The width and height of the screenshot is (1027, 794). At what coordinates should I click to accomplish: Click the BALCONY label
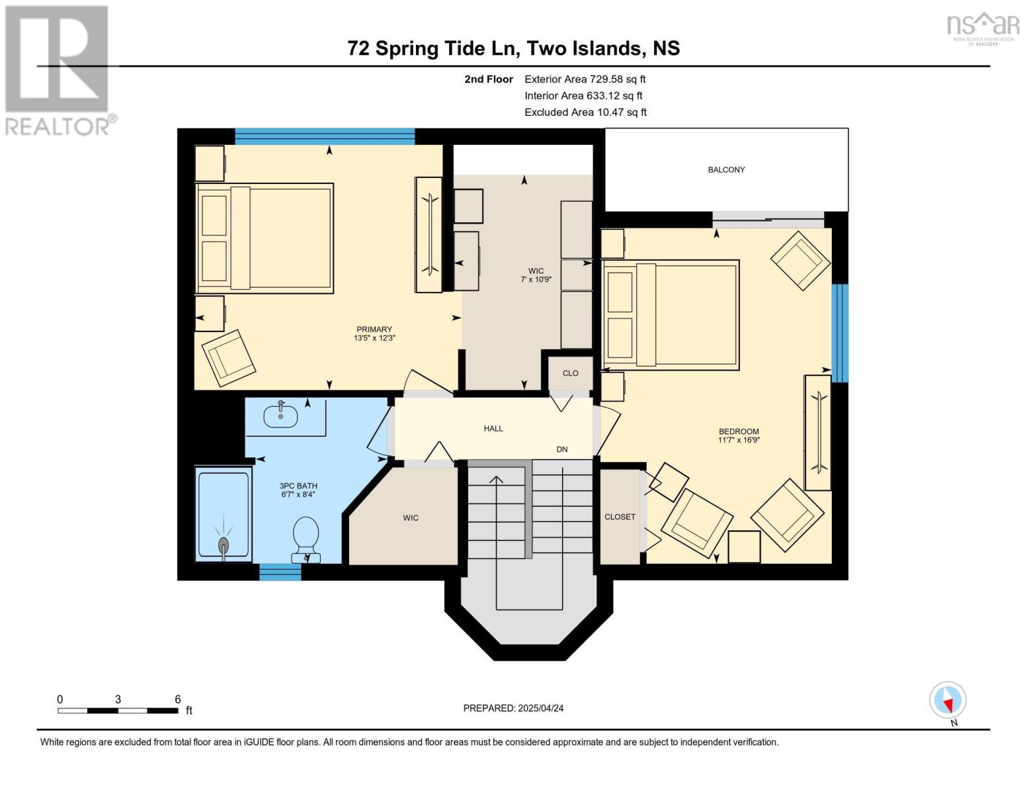726,170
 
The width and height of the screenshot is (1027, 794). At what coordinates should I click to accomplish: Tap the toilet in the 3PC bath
306,539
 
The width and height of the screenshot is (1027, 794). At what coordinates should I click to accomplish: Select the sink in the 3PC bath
281,415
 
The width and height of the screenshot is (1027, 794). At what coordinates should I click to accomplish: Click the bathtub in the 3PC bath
223,515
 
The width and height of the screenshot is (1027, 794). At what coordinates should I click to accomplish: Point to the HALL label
493,429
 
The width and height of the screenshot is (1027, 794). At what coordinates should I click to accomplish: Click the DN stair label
561,449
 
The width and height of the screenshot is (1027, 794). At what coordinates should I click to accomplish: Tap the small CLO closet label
571,373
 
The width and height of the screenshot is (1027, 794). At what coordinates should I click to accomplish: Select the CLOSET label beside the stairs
620,517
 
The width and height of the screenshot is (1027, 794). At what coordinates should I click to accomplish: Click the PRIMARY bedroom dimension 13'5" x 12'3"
374,338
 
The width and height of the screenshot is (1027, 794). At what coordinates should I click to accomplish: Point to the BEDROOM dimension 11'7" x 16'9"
739,440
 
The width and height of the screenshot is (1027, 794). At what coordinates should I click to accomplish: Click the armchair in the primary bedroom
229,358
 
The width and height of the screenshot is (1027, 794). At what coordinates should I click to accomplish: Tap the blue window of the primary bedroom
325,136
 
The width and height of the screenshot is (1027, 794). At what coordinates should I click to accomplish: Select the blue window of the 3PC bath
280,572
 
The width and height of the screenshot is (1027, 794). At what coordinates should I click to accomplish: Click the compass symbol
948,700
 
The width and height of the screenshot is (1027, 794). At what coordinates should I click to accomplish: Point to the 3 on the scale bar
118,699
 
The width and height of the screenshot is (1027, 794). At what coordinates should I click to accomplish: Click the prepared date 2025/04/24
541,708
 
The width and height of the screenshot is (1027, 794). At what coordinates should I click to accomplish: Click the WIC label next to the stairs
410,518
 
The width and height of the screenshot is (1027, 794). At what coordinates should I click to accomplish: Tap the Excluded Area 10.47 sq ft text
585,112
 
